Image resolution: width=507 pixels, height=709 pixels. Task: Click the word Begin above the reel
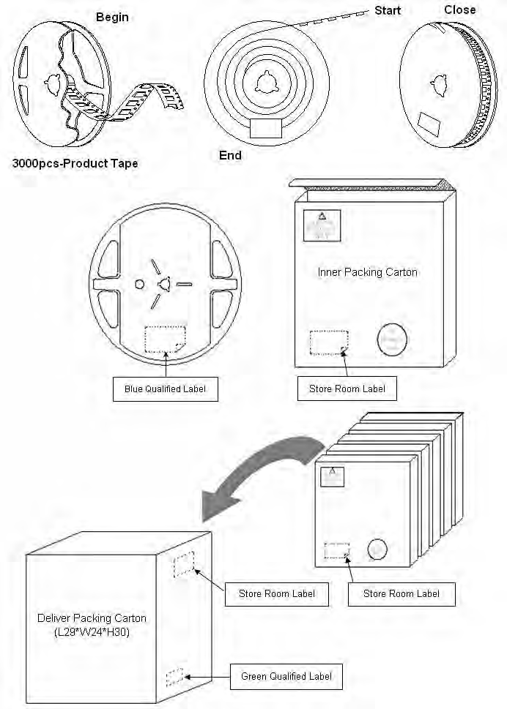(111, 17)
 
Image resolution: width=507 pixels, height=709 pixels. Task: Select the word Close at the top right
(459, 10)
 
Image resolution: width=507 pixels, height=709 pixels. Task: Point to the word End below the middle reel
(230, 155)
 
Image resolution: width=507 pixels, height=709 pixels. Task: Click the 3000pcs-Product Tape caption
(75, 163)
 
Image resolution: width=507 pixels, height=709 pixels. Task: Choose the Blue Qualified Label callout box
(166, 389)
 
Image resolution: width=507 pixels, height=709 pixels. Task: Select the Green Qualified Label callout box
(286, 677)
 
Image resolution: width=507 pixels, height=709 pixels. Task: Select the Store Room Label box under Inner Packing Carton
(347, 389)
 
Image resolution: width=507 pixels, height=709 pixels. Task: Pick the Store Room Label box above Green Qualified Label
(277, 593)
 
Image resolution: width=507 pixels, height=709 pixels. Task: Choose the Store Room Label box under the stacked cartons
(401, 593)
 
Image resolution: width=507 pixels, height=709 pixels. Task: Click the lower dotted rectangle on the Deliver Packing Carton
(175, 678)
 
